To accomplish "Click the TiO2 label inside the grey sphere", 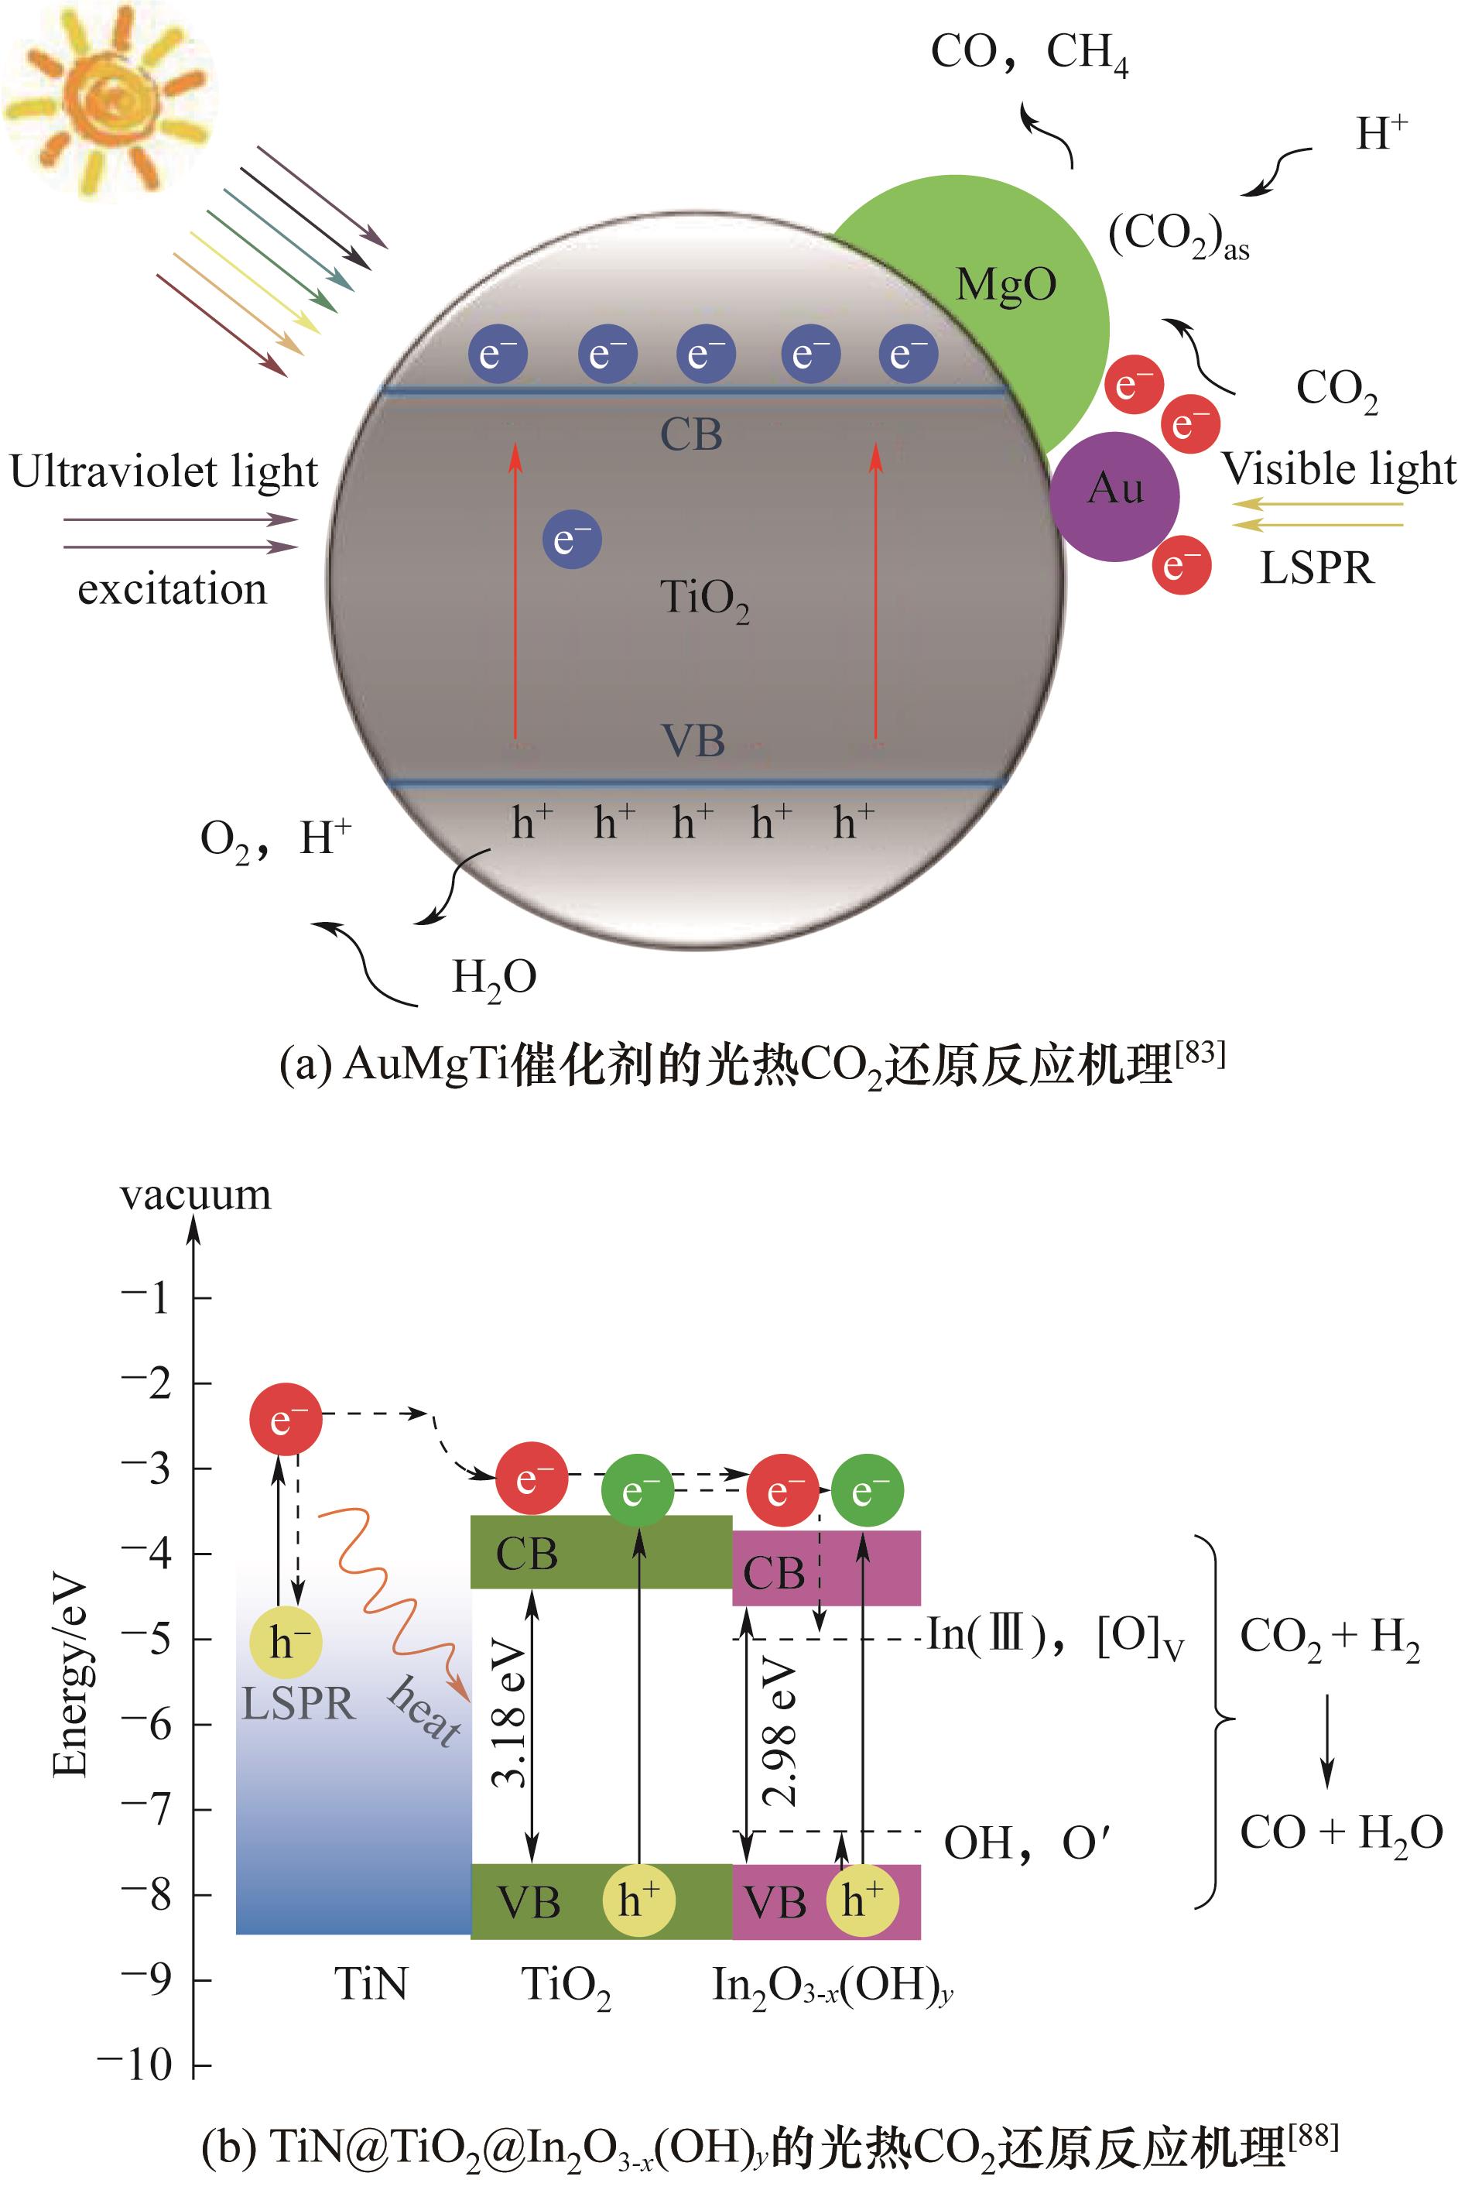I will [x=704, y=600].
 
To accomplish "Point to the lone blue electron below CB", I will [x=572, y=540].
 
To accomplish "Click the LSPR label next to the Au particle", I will [x=1316, y=568].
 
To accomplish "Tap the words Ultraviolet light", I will [x=165, y=471].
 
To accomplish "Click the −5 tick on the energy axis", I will [x=149, y=1639].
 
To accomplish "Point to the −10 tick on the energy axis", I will [x=139, y=2065].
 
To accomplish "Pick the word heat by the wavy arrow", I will [x=426, y=1710].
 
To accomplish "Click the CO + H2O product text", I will [x=1340, y=1833].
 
